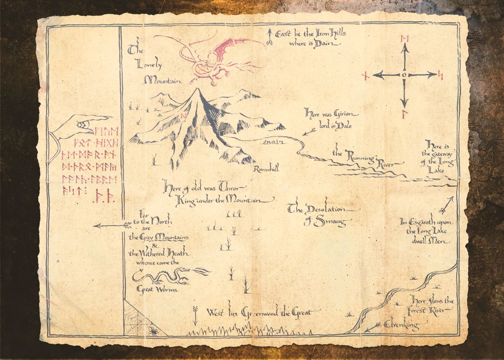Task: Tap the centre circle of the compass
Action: (x=404, y=75)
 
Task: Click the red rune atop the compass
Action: (x=405, y=39)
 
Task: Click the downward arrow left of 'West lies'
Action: (x=195, y=315)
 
